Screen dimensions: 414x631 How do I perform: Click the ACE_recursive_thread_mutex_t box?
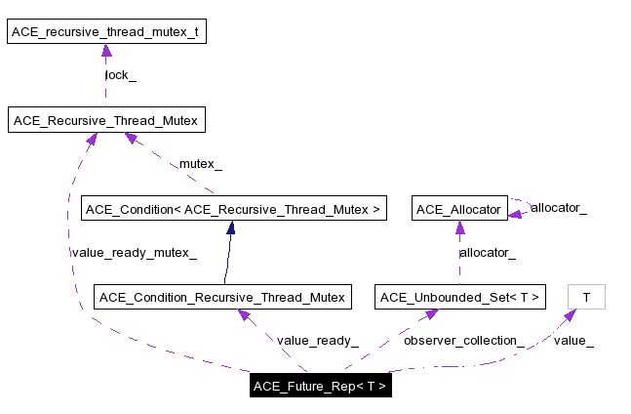click(x=105, y=32)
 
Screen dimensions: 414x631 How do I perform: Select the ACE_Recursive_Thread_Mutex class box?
click(x=105, y=121)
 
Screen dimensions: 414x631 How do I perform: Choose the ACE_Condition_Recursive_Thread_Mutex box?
click(x=222, y=297)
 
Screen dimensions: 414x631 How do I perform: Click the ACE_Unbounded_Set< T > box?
click(x=459, y=297)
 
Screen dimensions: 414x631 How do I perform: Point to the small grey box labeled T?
click(x=586, y=297)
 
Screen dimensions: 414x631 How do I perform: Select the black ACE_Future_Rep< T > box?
click(x=320, y=386)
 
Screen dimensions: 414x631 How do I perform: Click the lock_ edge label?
click(x=121, y=75)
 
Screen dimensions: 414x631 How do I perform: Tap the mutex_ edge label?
click(x=200, y=164)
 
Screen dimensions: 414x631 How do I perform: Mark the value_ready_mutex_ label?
click(x=134, y=253)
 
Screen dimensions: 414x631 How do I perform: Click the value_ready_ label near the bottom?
click(x=317, y=341)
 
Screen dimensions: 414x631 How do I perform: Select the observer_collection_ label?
click(x=463, y=341)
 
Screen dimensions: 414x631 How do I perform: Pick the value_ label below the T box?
click(x=573, y=341)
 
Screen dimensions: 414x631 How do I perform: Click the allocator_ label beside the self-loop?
click(x=559, y=208)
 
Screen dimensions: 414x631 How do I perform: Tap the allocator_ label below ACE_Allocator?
click(x=488, y=253)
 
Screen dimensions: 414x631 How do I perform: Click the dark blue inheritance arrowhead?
click(x=231, y=228)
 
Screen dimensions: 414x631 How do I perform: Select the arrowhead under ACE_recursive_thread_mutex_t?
click(x=105, y=51)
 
